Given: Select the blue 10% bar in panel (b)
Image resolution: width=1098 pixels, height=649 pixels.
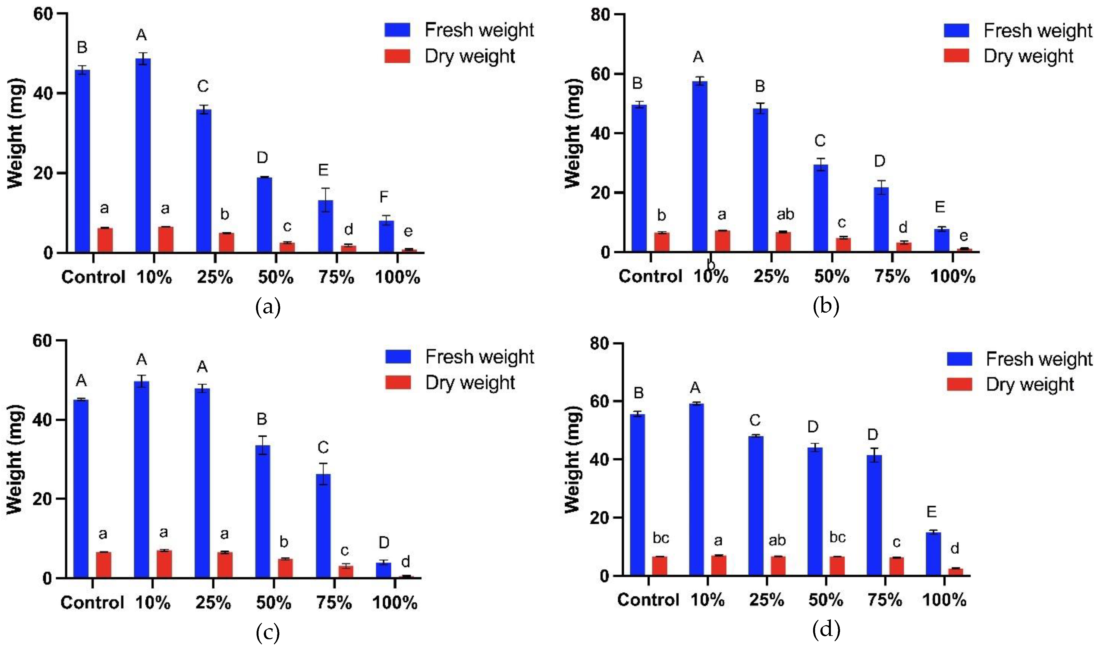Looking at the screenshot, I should [700, 166].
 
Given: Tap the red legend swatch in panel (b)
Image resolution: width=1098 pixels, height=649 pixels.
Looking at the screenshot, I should [956, 56].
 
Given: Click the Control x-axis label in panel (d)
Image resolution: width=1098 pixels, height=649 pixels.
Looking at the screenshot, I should [648, 600].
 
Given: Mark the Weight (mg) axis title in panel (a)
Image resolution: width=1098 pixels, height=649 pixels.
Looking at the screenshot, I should [15, 133].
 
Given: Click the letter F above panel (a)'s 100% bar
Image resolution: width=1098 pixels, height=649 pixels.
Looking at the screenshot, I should [384, 197].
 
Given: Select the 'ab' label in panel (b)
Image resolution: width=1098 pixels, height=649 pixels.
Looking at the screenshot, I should [785, 214].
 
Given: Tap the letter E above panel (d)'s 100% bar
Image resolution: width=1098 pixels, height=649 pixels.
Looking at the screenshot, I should [931, 512].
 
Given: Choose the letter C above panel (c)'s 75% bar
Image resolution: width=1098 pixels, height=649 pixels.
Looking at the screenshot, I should [323, 447].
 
